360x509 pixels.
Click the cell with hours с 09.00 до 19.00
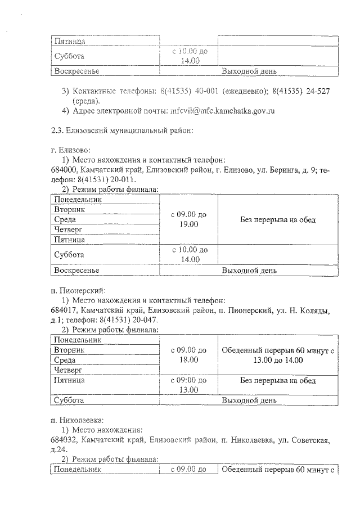(x=189, y=219)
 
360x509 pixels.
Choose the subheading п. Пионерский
(x=75, y=291)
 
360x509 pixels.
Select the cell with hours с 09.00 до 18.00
(x=189, y=355)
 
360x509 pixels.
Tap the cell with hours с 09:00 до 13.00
(x=189, y=385)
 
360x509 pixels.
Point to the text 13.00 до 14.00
(x=278, y=360)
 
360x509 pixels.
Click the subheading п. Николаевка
(x=77, y=420)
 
